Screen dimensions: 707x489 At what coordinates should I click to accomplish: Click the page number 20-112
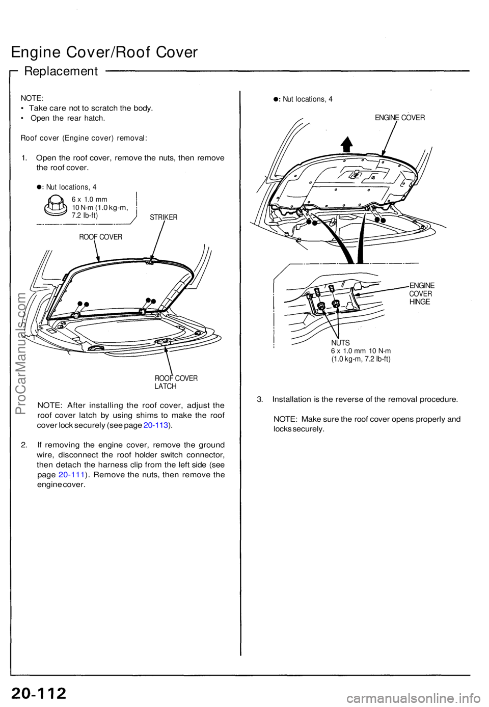coord(39,693)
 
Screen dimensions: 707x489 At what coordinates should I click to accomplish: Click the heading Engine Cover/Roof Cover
coord(104,52)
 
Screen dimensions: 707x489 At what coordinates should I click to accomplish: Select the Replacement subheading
coord(61,71)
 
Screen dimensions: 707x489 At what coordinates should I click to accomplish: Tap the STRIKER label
coord(164,217)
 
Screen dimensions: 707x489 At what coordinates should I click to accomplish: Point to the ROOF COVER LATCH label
coord(176,382)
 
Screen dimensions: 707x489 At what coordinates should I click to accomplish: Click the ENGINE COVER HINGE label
coord(421,293)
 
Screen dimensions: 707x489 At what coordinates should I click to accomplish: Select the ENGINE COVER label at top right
coord(399,118)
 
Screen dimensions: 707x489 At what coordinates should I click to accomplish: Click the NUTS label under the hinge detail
coord(340,343)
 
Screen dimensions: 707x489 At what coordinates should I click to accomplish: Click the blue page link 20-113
coord(156,425)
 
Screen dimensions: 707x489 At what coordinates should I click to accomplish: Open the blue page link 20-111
coord(71,475)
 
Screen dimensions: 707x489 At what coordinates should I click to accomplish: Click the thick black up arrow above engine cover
coord(347,144)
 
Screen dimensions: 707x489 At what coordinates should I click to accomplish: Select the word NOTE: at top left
coord(32,98)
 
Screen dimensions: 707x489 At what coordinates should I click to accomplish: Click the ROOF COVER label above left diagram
coord(100,237)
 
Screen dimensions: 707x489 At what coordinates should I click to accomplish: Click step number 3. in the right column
coord(260,399)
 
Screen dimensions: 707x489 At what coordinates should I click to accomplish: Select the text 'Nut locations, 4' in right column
coord(307,99)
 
